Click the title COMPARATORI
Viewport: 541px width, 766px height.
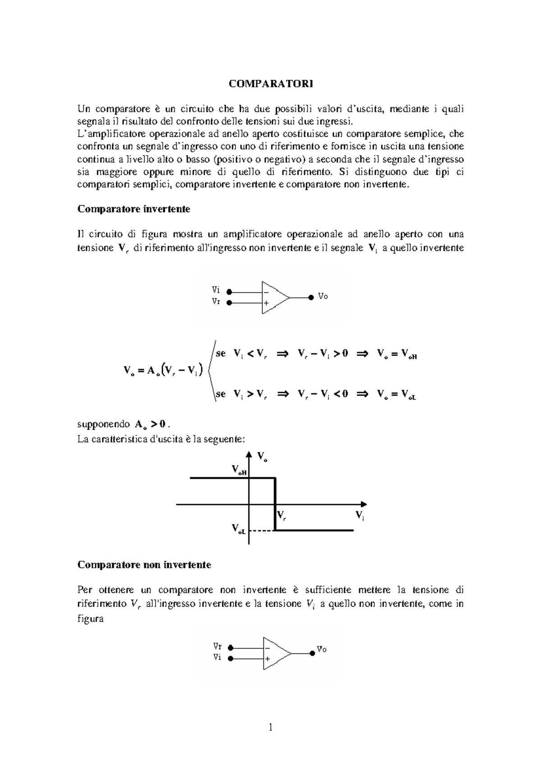tap(270, 84)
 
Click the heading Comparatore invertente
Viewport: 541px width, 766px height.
tap(134, 209)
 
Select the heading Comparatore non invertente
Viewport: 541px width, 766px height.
tap(144, 565)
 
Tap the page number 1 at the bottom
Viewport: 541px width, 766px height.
tap(270, 727)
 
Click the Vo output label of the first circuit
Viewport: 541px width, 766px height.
tap(323, 296)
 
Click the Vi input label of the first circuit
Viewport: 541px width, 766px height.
tap(216, 291)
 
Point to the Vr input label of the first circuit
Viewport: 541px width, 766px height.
tap(216, 302)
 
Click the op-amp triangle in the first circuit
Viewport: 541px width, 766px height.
tap(274, 298)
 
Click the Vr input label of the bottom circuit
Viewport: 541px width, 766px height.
tap(217, 646)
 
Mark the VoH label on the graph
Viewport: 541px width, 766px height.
tap(239, 470)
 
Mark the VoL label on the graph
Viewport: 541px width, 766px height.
tap(238, 529)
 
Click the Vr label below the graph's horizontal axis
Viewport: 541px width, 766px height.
tap(281, 515)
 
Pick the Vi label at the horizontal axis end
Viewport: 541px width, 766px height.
tap(359, 515)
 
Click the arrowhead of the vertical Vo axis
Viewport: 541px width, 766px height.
tap(249, 455)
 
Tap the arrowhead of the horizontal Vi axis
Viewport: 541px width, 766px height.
tap(364, 504)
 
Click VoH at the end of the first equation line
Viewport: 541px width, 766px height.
tap(409, 355)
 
